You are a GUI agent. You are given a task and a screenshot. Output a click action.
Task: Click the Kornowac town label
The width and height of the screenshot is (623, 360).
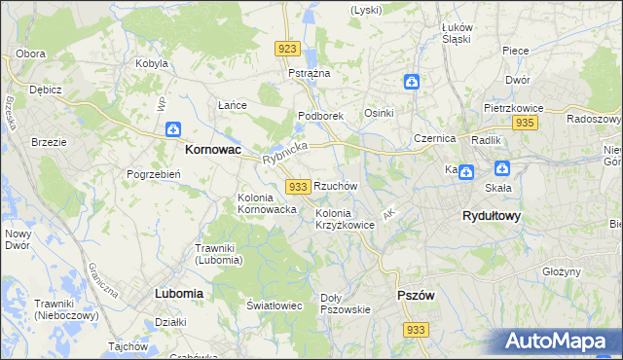pyautogui.click(x=213, y=152)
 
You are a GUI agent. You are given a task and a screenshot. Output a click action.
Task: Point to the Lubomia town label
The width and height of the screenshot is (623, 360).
pyautogui.click(x=178, y=292)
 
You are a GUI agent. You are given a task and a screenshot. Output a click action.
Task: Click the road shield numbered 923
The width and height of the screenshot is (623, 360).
pyautogui.click(x=286, y=49)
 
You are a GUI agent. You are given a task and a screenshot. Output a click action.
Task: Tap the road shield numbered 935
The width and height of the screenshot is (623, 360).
pyautogui.click(x=525, y=123)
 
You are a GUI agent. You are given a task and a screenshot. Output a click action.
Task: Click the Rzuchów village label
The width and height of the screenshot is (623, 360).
pyautogui.click(x=336, y=185)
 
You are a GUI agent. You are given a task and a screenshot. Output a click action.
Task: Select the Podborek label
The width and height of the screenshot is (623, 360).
pyautogui.click(x=320, y=116)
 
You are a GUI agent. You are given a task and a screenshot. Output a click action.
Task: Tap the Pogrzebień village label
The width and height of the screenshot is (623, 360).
pyautogui.click(x=150, y=174)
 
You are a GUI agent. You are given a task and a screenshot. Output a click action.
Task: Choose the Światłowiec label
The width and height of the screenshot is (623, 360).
pyautogui.click(x=275, y=305)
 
